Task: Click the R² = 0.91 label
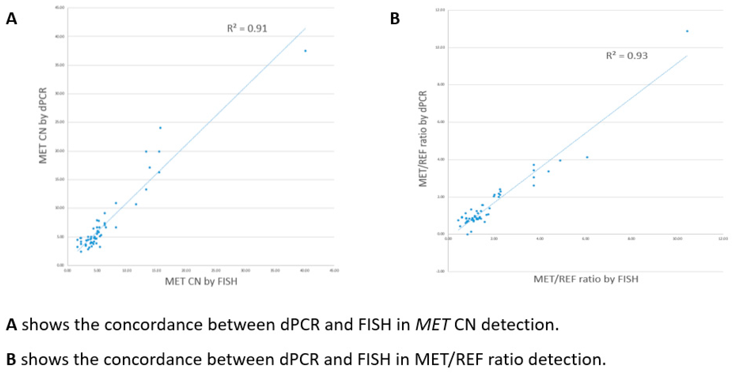click(x=247, y=29)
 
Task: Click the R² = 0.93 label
click(x=627, y=55)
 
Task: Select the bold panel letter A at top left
click(x=12, y=19)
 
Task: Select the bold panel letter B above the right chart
click(x=395, y=19)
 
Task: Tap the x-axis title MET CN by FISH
click(x=201, y=282)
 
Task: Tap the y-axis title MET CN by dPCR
click(x=43, y=125)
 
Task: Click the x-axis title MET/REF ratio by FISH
click(x=586, y=279)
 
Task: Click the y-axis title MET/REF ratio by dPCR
click(x=423, y=139)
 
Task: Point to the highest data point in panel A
click(x=305, y=51)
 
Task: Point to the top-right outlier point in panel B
click(x=687, y=31)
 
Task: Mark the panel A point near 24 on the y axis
click(x=160, y=128)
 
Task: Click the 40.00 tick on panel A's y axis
click(x=60, y=37)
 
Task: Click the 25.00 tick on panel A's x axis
click(x=216, y=270)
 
